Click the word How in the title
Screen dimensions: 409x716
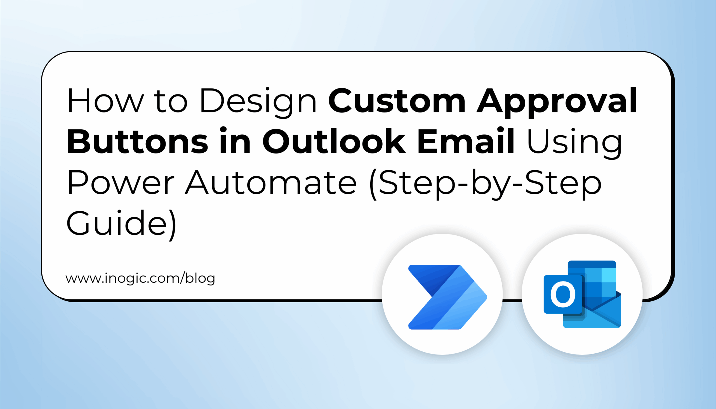pos(106,101)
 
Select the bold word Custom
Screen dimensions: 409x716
pos(397,101)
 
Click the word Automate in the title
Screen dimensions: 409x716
pos(271,183)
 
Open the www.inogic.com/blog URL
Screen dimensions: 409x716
pos(140,278)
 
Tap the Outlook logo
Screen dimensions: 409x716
pos(582,294)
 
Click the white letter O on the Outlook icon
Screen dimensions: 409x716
pos(562,294)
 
